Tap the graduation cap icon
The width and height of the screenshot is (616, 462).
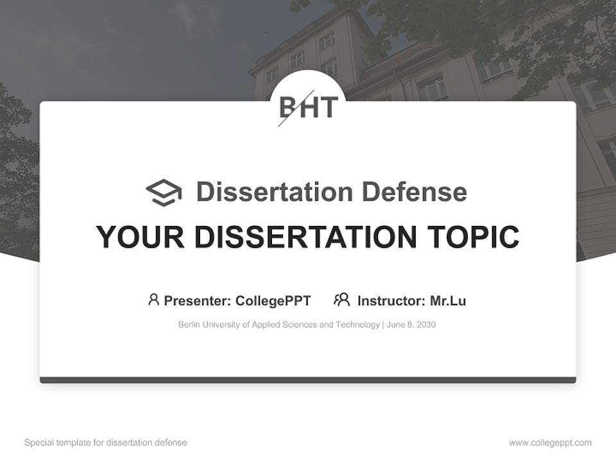[164, 193]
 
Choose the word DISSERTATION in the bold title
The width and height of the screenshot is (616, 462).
[305, 237]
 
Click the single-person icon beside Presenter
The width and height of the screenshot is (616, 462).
[153, 300]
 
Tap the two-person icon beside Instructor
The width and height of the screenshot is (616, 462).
[341, 300]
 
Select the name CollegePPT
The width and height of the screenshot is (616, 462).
[273, 301]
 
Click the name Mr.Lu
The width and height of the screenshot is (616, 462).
[448, 301]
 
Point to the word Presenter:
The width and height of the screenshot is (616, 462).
[197, 301]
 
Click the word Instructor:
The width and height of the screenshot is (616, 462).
[391, 301]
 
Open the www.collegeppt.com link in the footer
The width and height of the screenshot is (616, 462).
[550, 443]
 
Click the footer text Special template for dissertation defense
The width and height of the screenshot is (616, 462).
[106, 443]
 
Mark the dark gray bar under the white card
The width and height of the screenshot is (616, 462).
[308, 380]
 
